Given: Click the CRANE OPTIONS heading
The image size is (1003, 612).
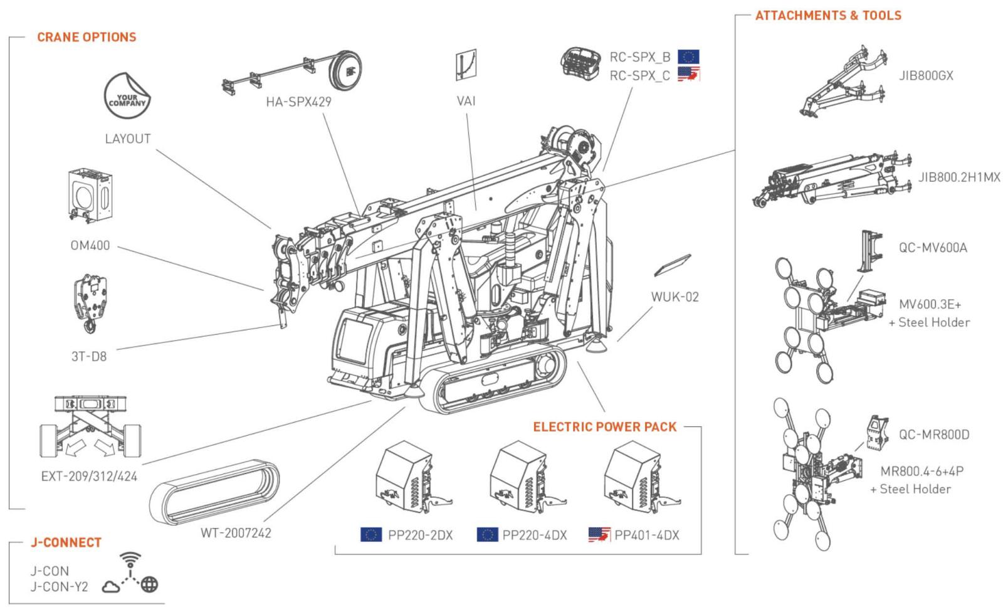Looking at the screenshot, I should click(x=87, y=37).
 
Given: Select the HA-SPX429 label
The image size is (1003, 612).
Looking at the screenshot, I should click(x=298, y=101).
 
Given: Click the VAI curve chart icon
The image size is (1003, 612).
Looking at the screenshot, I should click(x=466, y=65).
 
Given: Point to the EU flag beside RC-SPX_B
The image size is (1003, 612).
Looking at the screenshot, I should click(x=688, y=56).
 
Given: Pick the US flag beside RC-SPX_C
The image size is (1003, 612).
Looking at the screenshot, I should click(x=688, y=75).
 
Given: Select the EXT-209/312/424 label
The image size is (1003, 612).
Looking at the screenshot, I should click(x=89, y=476).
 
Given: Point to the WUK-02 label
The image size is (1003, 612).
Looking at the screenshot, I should click(x=675, y=297).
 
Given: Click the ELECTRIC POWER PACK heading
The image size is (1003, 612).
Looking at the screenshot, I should click(x=605, y=427).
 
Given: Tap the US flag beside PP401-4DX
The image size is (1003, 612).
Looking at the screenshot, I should click(x=599, y=535).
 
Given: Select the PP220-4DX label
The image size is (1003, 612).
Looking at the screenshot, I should click(x=535, y=535).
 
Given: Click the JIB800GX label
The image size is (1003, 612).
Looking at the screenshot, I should click(x=926, y=76).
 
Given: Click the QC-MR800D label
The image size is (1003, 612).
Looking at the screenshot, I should click(x=934, y=435).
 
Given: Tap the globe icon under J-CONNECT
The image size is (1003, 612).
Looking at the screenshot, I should click(x=149, y=585).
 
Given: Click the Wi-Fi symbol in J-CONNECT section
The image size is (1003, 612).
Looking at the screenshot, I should click(x=130, y=558).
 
